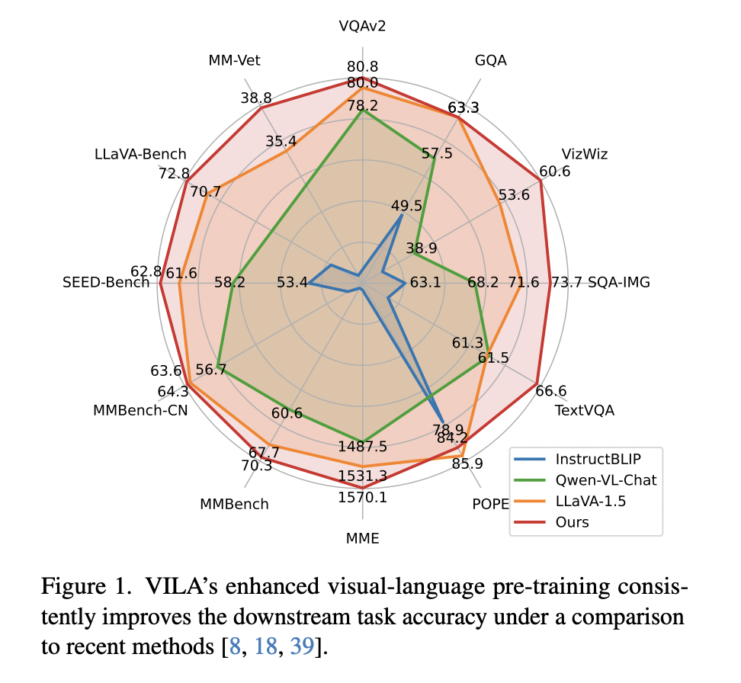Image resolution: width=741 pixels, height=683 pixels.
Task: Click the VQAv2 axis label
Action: (x=362, y=27)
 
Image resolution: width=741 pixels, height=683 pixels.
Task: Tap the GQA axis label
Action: (x=490, y=61)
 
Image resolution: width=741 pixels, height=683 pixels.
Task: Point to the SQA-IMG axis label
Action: (x=619, y=283)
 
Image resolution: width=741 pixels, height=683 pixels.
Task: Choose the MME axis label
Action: (x=362, y=538)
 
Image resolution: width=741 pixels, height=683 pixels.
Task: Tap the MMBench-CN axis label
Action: (x=140, y=410)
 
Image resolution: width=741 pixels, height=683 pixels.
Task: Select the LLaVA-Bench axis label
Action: (x=140, y=155)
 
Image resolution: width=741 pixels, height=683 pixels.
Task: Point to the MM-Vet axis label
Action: (x=234, y=61)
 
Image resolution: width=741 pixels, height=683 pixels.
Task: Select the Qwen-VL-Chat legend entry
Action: (x=606, y=480)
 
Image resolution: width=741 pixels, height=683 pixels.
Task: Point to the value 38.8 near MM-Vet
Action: (x=255, y=98)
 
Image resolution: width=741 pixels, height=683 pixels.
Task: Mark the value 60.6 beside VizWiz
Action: (x=554, y=172)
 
